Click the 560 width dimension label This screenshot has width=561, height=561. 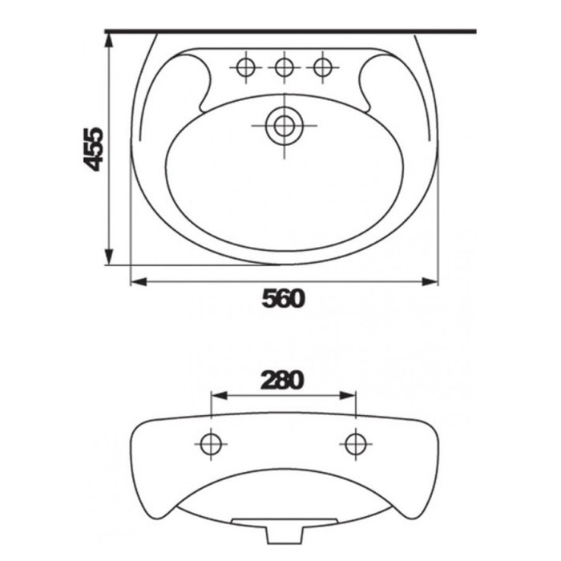tap(283, 299)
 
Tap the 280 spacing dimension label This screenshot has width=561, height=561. tap(282, 380)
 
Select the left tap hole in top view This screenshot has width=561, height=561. tap(246, 67)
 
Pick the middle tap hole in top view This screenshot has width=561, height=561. tap(285, 67)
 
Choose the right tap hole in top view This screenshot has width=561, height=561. tap(323, 67)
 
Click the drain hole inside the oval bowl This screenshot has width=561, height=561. tap(285, 126)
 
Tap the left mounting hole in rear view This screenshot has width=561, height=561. tap(211, 444)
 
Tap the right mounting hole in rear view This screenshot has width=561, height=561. tap(356, 444)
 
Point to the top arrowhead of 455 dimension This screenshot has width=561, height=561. tap(109, 40)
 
